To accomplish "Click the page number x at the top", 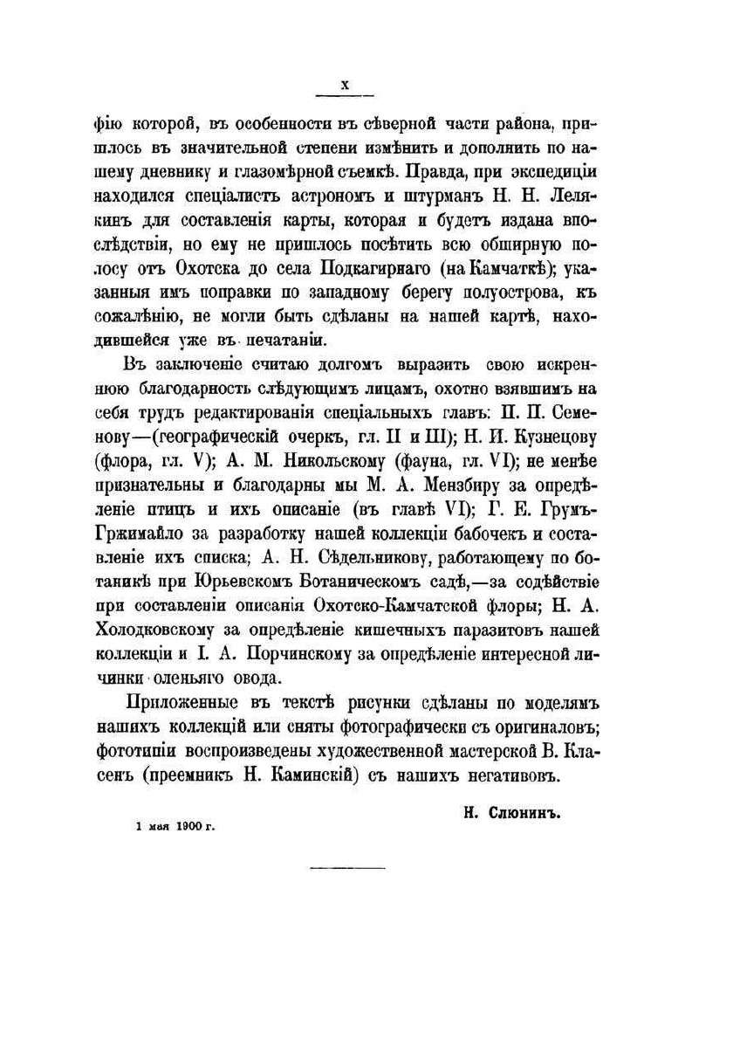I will click(x=344, y=84).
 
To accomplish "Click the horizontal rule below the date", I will click(x=347, y=867).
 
